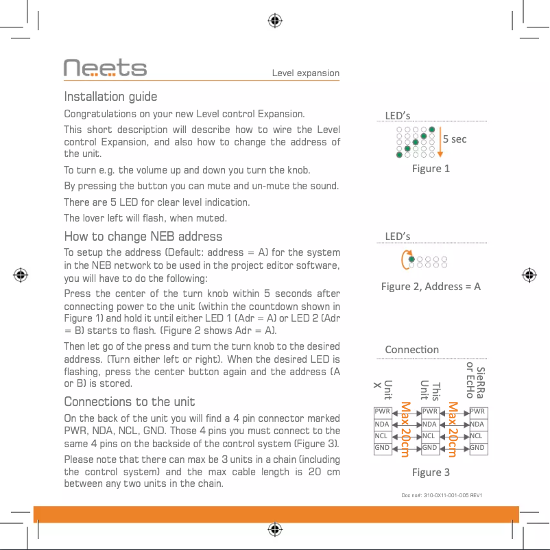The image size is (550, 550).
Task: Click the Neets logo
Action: tap(105, 68)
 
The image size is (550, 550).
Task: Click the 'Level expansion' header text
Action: tap(305, 73)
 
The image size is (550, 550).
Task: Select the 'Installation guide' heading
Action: tap(110, 97)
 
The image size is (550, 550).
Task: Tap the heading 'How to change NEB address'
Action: tap(143, 237)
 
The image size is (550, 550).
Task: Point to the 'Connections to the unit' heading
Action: tap(129, 402)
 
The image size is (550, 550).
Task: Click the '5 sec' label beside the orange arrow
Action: tap(455, 139)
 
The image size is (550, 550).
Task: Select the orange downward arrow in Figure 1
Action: tap(440, 141)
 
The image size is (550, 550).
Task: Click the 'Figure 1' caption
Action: tap(431, 168)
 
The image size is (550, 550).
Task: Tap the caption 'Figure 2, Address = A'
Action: tap(431, 286)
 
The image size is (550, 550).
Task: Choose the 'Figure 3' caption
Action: tap(431, 472)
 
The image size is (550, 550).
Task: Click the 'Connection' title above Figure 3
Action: tap(411, 349)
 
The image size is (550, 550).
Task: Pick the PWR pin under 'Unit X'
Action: tap(381, 411)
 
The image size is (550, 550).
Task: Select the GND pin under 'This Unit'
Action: tap(430, 449)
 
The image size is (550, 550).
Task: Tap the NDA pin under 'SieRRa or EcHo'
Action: tap(478, 424)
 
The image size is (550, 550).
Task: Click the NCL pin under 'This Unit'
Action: tap(430, 436)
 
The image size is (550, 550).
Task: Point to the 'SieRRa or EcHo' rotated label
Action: tap(475, 381)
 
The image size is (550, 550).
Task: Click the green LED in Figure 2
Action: tap(411, 259)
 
